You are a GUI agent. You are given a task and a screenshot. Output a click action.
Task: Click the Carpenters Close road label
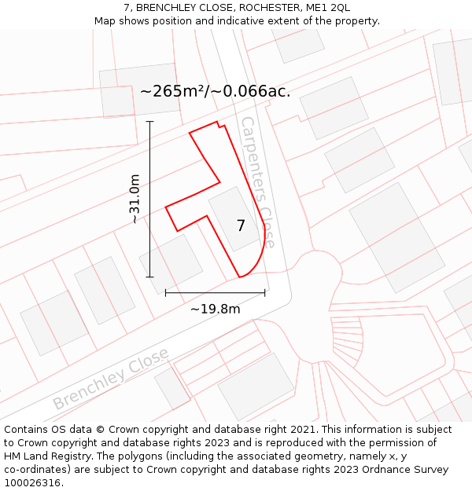coord(258,182)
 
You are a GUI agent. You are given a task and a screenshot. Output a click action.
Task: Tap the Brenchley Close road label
coord(111,379)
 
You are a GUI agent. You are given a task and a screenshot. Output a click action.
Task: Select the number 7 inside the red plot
coord(241,226)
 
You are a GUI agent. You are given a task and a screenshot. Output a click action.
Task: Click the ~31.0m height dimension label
coord(135,199)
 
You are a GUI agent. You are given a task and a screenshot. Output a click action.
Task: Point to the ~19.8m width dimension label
coord(215,309)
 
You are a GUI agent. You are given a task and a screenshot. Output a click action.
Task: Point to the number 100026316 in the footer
coord(32,482)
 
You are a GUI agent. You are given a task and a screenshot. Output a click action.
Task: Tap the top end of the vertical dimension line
coord(149,122)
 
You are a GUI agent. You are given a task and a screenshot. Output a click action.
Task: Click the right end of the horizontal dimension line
coord(265,293)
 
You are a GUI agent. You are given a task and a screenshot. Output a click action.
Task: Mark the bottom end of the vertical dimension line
coord(149,277)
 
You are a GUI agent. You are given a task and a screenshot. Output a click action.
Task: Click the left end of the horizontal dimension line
coord(165,293)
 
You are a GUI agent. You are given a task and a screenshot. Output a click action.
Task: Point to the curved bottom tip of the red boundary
coord(241,277)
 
